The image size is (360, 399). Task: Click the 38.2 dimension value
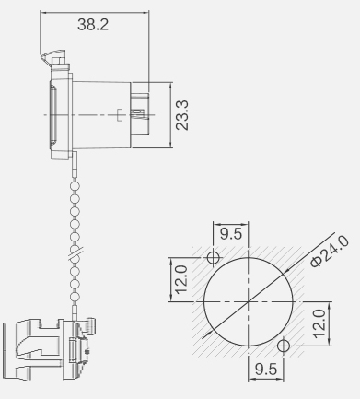tap(93, 25)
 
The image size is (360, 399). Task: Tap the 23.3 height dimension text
tap(182, 115)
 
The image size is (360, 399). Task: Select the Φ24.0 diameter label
tap(330, 252)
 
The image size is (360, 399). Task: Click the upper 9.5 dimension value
tap(231, 234)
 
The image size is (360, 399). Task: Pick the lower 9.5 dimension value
tap(266, 369)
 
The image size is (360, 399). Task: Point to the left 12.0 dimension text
tap(181, 279)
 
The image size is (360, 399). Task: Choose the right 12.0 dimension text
tap(319, 323)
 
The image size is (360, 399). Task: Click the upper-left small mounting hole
tap(213, 257)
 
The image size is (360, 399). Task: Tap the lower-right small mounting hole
tap(284, 346)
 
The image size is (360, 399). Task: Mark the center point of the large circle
tap(249, 301)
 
